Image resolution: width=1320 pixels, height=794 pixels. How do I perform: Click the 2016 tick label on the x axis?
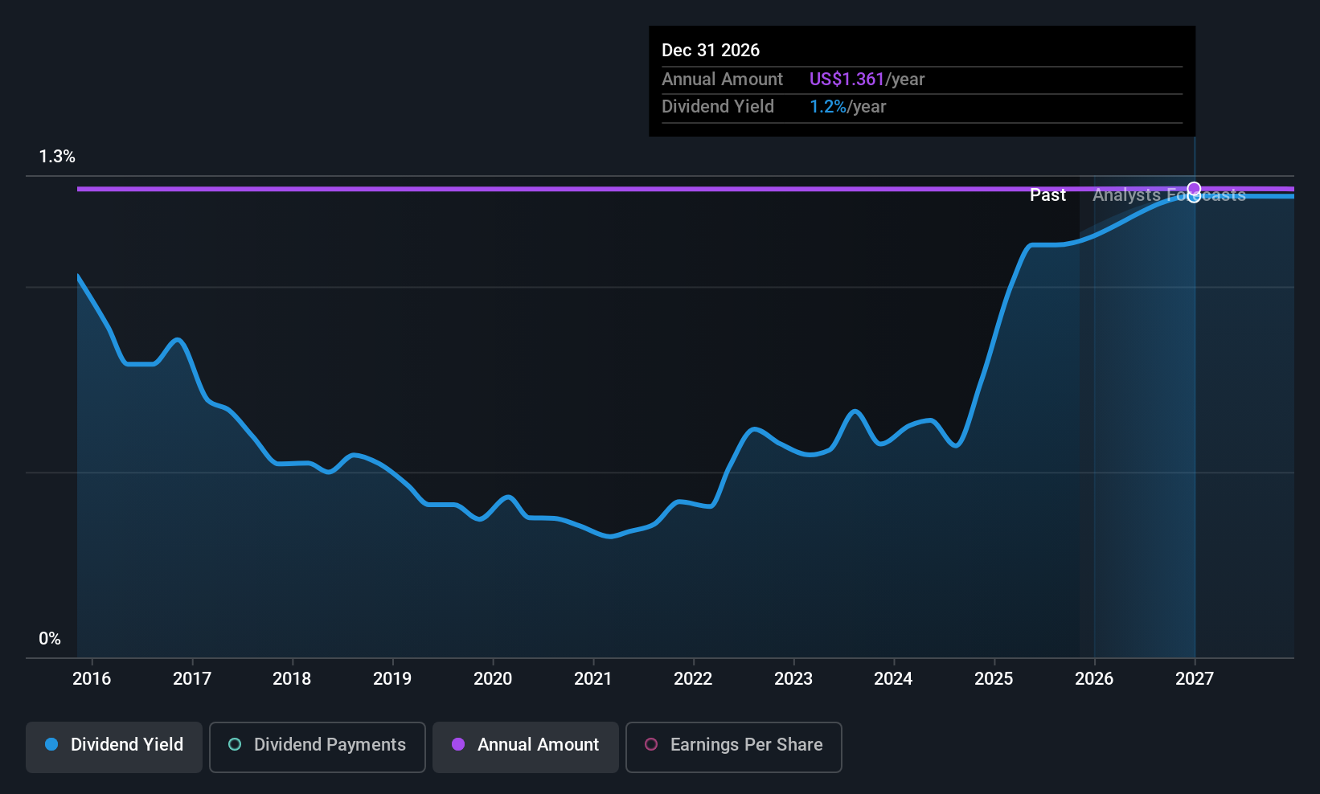tap(92, 678)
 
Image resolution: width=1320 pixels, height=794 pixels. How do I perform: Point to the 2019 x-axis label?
tap(392, 678)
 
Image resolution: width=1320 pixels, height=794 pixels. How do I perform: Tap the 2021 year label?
tap(593, 678)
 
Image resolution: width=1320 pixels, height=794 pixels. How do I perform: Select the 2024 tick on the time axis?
tap(893, 678)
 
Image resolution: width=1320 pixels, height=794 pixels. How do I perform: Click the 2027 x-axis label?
tap(1195, 678)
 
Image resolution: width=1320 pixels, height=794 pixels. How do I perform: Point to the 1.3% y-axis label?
tap(57, 157)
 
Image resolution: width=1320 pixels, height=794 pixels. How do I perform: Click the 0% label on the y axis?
tap(50, 639)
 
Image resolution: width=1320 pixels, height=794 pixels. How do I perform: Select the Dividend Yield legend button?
tap(114, 745)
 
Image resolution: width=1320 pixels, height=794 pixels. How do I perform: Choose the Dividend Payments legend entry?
tap(318, 745)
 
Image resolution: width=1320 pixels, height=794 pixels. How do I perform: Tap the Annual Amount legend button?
tap(526, 745)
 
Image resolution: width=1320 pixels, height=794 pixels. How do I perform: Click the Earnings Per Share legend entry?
tap(733, 745)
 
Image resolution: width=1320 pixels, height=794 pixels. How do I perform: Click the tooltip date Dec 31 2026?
tap(711, 51)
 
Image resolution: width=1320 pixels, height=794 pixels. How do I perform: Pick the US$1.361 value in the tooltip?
tap(847, 80)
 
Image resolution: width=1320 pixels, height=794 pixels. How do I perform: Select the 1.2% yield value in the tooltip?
tap(827, 107)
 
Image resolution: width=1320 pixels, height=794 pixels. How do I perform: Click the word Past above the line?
tap(1047, 195)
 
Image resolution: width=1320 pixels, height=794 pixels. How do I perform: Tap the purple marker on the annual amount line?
tap(1194, 189)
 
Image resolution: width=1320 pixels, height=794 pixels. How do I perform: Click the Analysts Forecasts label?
tap(1168, 195)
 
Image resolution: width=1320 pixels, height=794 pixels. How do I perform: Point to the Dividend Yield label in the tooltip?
tap(718, 107)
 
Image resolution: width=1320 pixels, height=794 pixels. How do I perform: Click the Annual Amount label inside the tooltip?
tap(722, 80)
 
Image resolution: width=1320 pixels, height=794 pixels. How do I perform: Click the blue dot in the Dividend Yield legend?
tap(52, 745)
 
